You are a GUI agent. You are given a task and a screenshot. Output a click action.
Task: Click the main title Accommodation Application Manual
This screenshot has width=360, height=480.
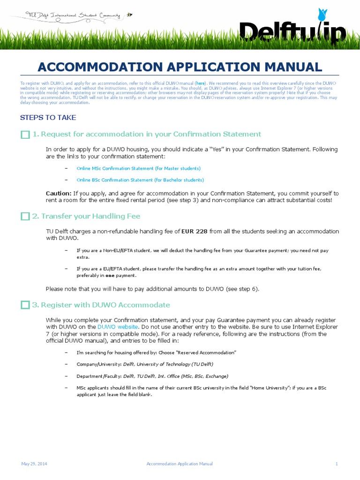pyautogui.click(x=180, y=67)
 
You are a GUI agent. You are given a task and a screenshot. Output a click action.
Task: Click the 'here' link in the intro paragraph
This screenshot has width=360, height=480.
pyautogui.click(x=200, y=83)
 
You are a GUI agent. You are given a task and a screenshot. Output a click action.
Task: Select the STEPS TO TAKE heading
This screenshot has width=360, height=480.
pyautogui.click(x=48, y=118)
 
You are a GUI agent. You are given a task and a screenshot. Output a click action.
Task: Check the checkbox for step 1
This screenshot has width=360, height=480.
pyautogui.click(x=25, y=135)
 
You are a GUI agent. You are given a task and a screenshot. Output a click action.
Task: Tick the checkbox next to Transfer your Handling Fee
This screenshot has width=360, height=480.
pyautogui.click(x=25, y=217)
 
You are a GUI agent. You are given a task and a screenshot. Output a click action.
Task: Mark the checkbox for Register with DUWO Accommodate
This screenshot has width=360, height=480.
pyautogui.click(x=25, y=305)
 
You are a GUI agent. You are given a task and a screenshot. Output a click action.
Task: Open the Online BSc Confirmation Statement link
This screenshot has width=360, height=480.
pyautogui.click(x=140, y=180)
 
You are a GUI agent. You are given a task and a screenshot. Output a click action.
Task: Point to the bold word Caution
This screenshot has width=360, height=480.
pyautogui.click(x=59, y=193)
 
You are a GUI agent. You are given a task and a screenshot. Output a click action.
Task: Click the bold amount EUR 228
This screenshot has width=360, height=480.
pyautogui.click(x=195, y=231)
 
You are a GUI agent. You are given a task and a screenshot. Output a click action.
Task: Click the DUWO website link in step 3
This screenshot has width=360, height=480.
pyautogui.click(x=118, y=326)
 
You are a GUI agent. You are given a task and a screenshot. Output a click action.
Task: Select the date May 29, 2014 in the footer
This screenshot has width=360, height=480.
pyautogui.click(x=34, y=464)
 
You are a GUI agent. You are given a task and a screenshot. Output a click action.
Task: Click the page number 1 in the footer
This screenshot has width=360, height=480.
pyautogui.click(x=337, y=464)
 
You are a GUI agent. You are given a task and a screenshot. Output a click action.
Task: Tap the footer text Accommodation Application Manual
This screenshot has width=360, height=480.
pyautogui.click(x=180, y=464)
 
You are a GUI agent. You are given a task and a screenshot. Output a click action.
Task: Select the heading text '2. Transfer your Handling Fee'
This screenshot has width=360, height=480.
pyautogui.click(x=86, y=217)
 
